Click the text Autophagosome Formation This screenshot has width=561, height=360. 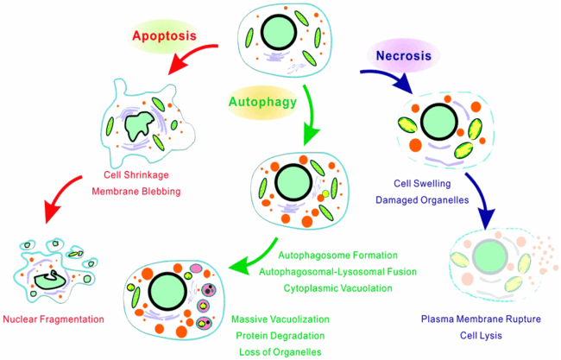coord(337,256)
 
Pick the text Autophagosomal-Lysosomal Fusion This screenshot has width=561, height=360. coord(337,272)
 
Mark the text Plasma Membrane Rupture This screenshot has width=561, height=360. coord(474,319)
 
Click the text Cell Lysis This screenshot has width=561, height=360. coord(474,335)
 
